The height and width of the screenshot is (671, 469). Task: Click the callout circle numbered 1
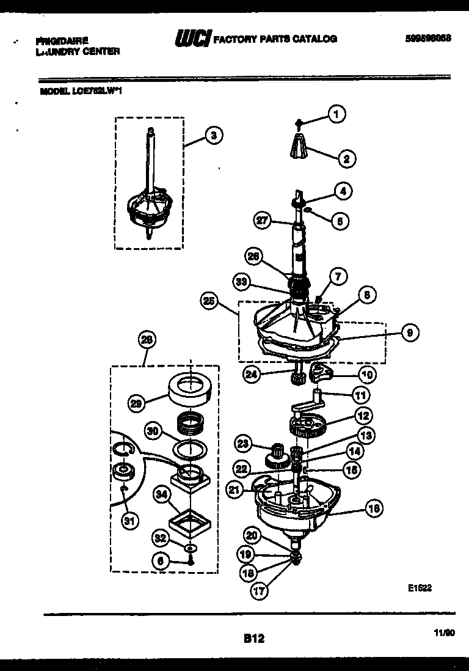point(335,113)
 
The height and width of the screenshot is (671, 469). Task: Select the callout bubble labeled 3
point(212,136)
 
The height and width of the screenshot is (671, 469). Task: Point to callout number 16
point(373,507)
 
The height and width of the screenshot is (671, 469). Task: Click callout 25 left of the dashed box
point(209,301)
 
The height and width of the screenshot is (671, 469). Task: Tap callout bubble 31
point(128,521)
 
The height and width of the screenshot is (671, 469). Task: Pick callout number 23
point(244,444)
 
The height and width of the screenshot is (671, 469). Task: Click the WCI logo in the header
point(192,39)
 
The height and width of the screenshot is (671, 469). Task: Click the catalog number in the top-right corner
point(427,38)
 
